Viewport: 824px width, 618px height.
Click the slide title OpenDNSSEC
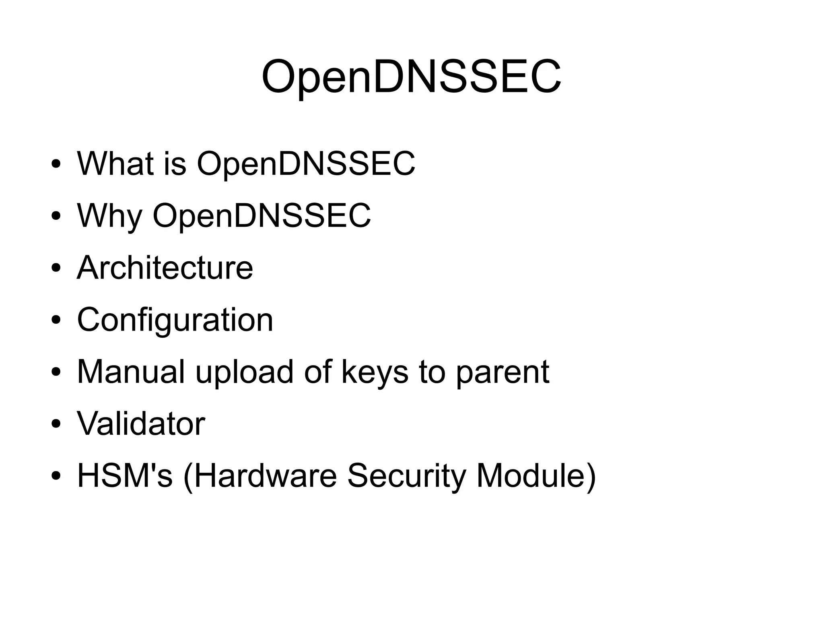point(411,76)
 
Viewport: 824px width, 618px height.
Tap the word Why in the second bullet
point(109,216)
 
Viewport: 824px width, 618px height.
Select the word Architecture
point(165,268)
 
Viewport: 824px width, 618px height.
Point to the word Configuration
point(175,320)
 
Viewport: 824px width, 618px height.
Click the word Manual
point(131,372)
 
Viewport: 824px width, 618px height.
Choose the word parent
point(503,372)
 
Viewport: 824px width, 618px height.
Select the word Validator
point(141,424)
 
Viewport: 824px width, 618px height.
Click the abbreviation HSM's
point(125,475)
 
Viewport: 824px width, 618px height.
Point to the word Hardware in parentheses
point(260,475)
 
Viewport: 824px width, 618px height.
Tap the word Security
point(406,475)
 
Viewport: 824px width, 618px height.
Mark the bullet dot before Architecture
point(56,269)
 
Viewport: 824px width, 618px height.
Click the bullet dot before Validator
point(56,424)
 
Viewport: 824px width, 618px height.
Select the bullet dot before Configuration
point(56,320)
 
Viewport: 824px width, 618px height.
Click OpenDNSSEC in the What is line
point(306,163)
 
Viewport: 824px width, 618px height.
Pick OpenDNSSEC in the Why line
point(262,216)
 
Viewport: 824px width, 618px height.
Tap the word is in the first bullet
point(175,163)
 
